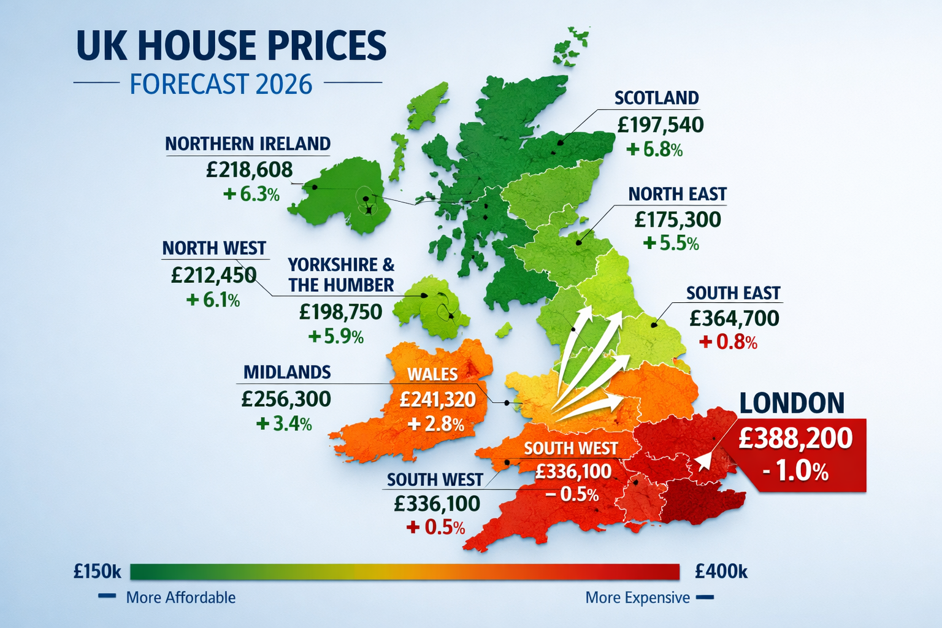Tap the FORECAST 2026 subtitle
[221, 84]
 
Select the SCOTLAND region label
[656, 98]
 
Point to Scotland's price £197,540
[660, 124]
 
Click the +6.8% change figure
[654, 150]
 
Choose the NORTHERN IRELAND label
[248, 144]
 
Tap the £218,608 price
[250, 169]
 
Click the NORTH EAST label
[677, 194]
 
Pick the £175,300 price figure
[678, 219]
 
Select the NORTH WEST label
[214, 248]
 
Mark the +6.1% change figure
[213, 300]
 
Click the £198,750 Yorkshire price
[340, 312]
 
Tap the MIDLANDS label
[287, 372]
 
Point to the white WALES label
[432, 374]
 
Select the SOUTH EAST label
[733, 293]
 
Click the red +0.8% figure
[728, 342]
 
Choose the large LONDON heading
[792, 403]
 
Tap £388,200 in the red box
[795, 438]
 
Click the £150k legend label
[97, 572]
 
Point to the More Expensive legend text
[637, 597]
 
